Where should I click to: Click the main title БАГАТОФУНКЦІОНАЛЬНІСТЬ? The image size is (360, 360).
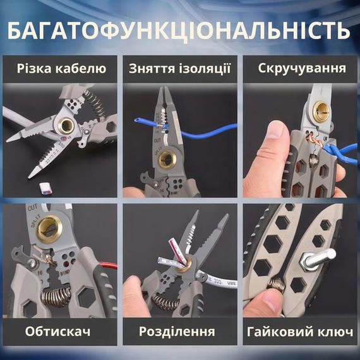pyautogui.click(x=180, y=30)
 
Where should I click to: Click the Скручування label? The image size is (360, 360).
pyautogui.click(x=302, y=68)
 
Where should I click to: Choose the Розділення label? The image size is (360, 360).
pyautogui.click(x=180, y=331)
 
